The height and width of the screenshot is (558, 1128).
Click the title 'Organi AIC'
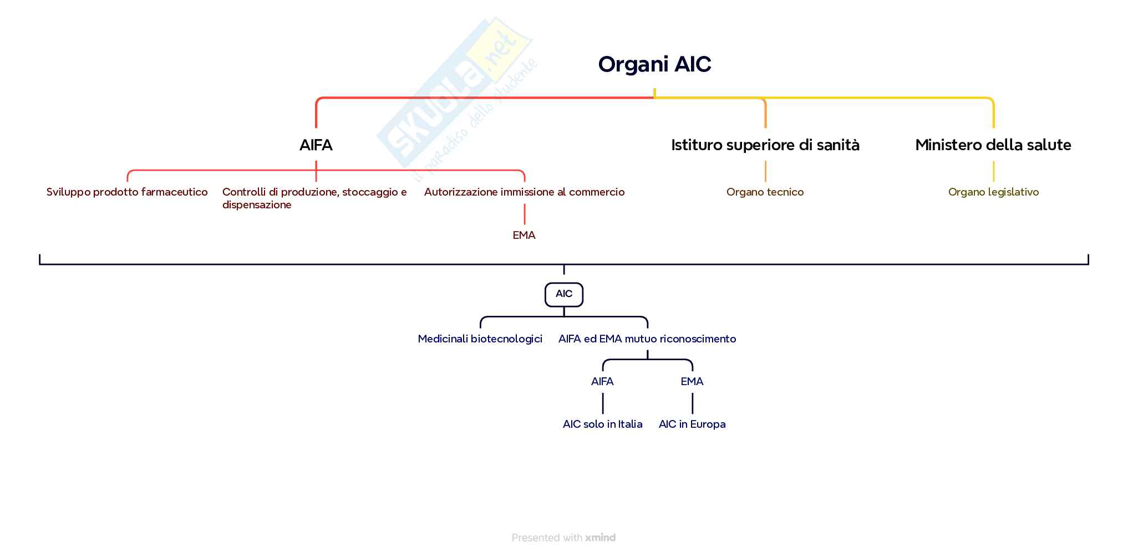point(654,64)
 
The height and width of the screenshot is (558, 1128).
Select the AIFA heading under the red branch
point(316,145)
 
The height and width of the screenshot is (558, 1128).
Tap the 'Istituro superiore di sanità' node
point(765,145)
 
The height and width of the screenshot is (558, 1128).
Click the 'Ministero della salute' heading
point(993,145)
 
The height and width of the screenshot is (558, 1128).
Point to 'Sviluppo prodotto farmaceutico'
point(127,192)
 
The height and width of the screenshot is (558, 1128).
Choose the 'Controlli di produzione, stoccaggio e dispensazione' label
point(314,198)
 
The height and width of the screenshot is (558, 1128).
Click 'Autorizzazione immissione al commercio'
point(524,192)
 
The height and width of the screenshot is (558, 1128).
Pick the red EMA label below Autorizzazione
point(524,236)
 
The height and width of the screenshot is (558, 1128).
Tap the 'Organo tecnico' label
point(765,192)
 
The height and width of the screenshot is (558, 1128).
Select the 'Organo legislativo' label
point(993,192)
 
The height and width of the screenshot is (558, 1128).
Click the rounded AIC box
point(564,294)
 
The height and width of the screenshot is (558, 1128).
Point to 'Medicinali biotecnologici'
point(480,339)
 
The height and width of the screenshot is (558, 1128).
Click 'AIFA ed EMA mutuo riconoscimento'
point(647,339)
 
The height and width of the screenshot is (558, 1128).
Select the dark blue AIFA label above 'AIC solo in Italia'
point(602,382)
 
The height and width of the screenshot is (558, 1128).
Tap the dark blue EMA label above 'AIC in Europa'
point(692,382)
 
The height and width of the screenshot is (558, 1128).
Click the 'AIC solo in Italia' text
point(602,424)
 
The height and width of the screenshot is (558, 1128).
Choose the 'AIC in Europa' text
point(692,424)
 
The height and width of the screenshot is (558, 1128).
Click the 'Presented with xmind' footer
point(563,537)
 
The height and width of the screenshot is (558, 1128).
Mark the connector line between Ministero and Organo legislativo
point(993,171)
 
